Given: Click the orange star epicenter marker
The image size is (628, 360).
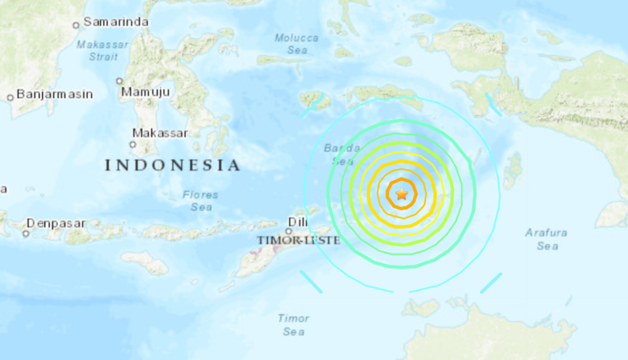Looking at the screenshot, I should coord(402,194).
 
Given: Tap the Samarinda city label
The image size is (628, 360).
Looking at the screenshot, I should coord(116,22).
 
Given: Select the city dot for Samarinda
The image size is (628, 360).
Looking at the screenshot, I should coord(76,25).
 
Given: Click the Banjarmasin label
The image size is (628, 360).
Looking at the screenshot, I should coord(55,94).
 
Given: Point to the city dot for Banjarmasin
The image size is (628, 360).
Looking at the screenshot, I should coord(10,98).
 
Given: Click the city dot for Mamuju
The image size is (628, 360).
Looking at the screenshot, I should coord(120,80).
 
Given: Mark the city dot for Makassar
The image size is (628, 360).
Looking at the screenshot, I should coord(132,145).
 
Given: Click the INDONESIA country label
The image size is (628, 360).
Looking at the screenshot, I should coord(172,165).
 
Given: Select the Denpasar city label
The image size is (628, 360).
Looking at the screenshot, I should coord(56,223).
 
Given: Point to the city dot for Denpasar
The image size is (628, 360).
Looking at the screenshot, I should coord(26,234).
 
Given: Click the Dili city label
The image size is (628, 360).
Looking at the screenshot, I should coord(299,223).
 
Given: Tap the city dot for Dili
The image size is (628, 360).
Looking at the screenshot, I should coord(288,231).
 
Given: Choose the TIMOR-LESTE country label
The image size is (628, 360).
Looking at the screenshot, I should coord(298,240).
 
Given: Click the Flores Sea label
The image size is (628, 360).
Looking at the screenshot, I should coord(201,201).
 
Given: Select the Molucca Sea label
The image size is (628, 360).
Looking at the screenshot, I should coord(297,44).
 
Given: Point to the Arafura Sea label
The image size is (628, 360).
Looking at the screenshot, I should coord(546,239).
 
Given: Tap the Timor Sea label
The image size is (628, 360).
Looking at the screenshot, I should coord(294,325).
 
